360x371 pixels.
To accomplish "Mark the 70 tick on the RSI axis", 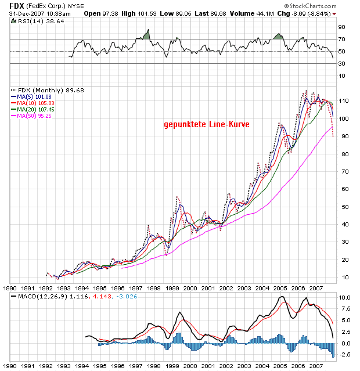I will pos(341,39).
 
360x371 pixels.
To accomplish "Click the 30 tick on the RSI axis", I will pos(341,64).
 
